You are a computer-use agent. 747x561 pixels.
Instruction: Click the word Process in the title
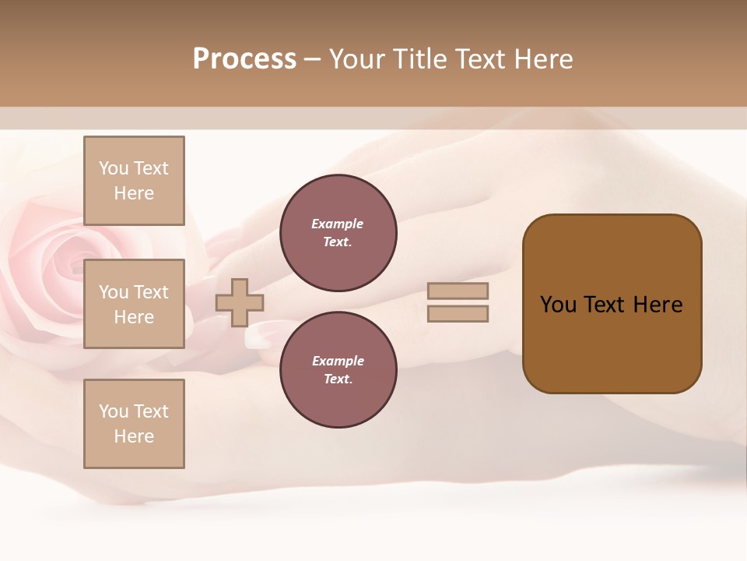pyautogui.click(x=244, y=59)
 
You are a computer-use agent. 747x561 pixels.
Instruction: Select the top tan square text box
pyautogui.click(x=134, y=181)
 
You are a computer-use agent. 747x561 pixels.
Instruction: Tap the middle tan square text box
pyautogui.click(x=134, y=304)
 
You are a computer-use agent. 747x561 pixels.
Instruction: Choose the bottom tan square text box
pyautogui.click(x=134, y=424)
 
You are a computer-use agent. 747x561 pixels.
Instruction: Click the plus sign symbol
pyautogui.click(x=240, y=302)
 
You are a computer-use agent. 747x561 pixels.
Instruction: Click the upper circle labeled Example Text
pyautogui.click(x=338, y=233)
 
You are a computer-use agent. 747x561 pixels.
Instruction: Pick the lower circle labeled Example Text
pyautogui.click(x=338, y=369)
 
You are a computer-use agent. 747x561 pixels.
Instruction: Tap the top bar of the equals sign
pyautogui.click(x=458, y=291)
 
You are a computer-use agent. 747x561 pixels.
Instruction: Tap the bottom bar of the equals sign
pyautogui.click(x=458, y=313)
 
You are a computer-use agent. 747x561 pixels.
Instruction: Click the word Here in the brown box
pyautogui.click(x=658, y=305)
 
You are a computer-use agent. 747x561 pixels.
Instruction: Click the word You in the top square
pyautogui.click(x=114, y=168)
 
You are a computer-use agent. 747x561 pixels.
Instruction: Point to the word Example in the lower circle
pyautogui.click(x=338, y=361)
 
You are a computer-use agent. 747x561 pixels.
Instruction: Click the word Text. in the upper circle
pyautogui.click(x=338, y=242)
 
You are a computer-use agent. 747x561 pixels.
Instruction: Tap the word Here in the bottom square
pyautogui.click(x=134, y=436)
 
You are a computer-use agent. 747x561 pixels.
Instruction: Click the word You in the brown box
pyautogui.click(x=558, y=305)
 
